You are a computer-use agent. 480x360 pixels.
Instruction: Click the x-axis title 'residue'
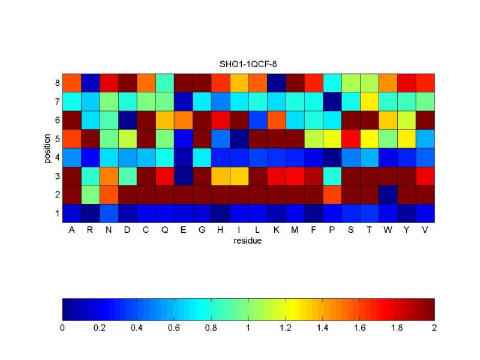[x=248, y=241]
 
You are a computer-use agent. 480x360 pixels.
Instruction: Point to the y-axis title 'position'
[x=46, y=148]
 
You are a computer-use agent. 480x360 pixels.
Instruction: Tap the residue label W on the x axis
[x=388, y=230]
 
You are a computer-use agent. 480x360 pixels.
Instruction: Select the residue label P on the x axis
[x=332, y=230]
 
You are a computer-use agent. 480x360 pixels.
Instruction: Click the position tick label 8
[x=56, y=83]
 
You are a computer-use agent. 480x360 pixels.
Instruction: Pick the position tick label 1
[x=56, y=213]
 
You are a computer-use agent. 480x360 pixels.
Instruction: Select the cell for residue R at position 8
[x=90, y=83]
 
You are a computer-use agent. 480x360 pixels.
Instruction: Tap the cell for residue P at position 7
[x=332, y=101]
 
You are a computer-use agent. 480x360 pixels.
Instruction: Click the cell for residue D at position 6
[x=127, y=120]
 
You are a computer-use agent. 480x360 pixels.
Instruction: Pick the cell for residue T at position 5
[x=370, y=139]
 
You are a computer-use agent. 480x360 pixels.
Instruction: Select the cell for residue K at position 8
[x=277, y=83]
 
